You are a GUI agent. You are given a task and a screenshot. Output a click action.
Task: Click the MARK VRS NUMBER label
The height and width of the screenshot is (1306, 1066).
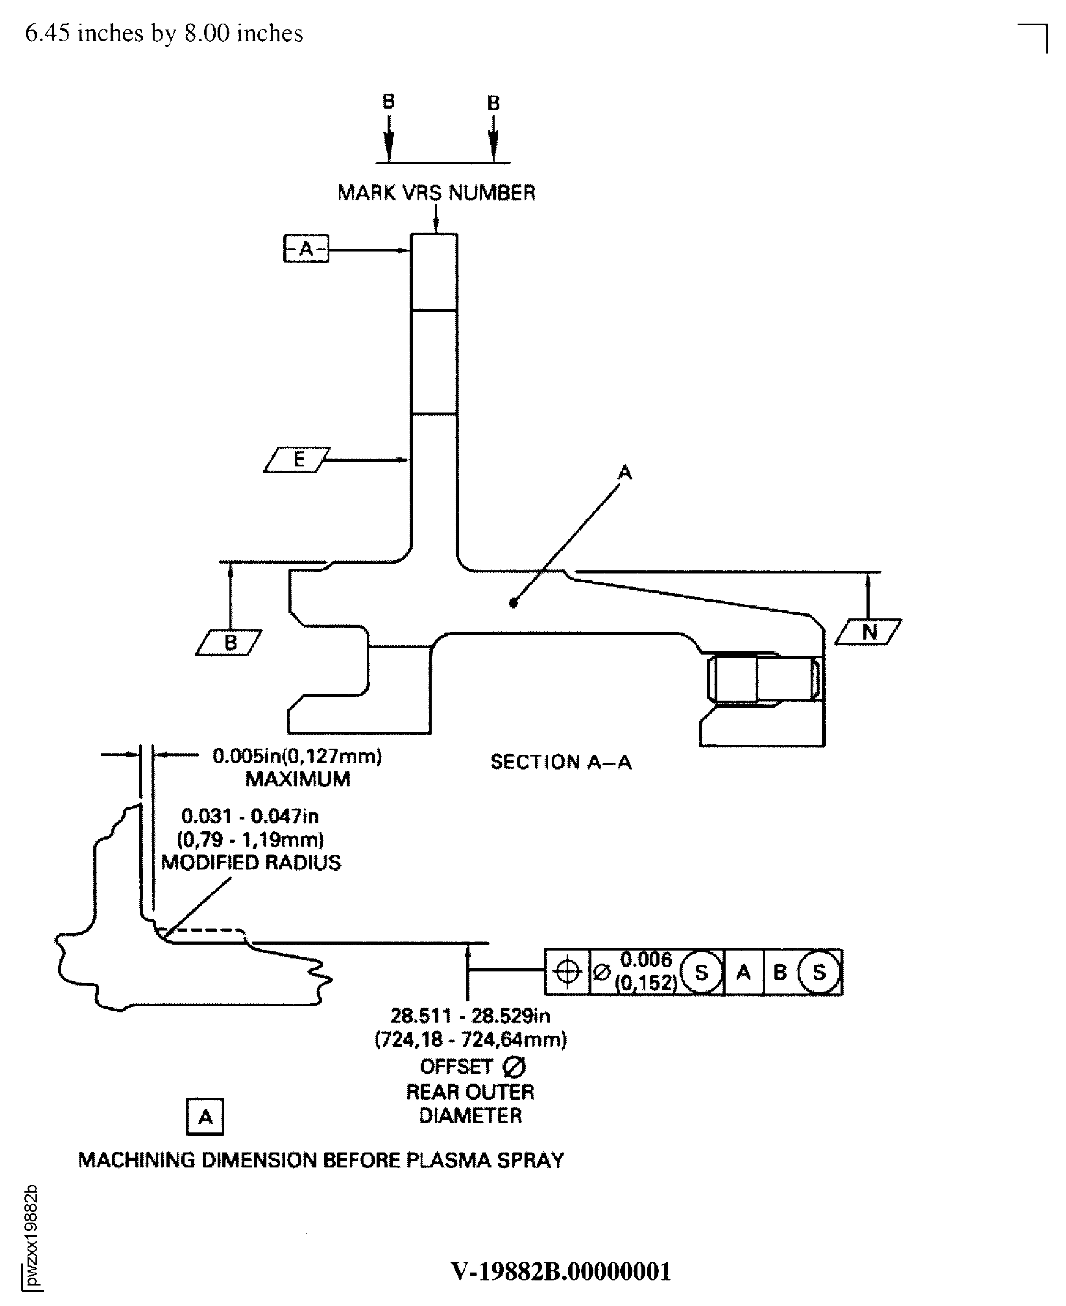click(436, 193)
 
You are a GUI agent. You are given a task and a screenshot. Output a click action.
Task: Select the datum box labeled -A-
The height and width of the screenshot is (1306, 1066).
click(306, 249)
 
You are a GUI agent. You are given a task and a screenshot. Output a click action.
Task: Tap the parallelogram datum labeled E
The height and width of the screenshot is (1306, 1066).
click(297, 459)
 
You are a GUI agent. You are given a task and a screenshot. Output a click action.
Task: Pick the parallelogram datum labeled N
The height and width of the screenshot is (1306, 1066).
click(868, 631)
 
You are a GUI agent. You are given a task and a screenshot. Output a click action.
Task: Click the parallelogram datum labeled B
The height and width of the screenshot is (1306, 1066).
click(229, 642)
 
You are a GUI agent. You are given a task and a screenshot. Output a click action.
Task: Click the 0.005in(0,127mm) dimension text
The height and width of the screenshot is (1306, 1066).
click(297, 756)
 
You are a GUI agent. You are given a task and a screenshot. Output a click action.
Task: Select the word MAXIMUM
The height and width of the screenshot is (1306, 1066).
click(298, 779)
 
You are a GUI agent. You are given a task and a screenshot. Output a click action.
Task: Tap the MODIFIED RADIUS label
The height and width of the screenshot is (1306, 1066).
click(251, 862)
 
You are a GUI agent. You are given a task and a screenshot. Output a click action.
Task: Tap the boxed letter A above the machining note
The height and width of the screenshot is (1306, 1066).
click(205, 1116)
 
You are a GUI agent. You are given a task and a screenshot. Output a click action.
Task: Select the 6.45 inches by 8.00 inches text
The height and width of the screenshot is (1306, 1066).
click(164, 33)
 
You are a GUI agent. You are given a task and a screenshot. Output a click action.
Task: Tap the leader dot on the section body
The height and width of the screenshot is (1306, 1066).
click(514, 603)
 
